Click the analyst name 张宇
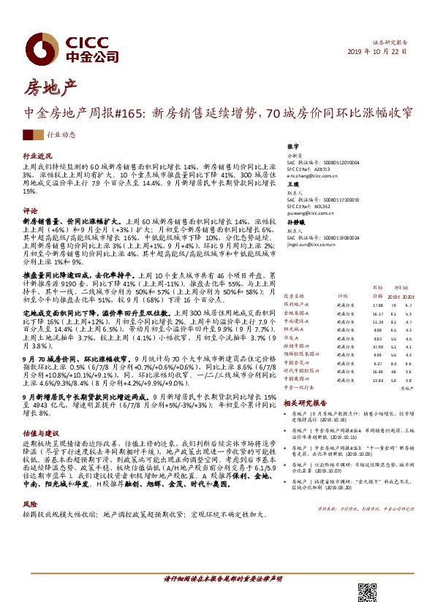(295, 147)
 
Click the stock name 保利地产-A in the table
(297, 304)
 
